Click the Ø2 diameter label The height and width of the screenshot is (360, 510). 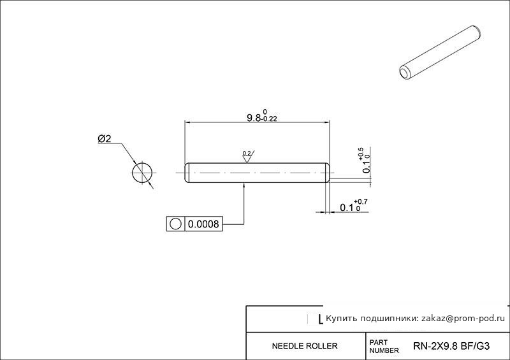(x=105, y=139)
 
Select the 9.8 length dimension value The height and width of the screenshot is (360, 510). (x=254, y=118)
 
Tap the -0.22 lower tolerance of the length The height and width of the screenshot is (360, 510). (x=269, y=119)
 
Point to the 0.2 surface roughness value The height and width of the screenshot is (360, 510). (x=247, y=153)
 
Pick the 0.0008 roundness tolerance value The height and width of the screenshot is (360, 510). (x=203, y=224)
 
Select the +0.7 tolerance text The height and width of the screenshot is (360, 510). (x=361, y=202)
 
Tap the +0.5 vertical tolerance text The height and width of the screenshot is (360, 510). (x=361, y=154)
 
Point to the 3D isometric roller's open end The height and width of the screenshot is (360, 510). (x=405, y=73)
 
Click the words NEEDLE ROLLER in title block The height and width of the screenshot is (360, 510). (x=305, y=346)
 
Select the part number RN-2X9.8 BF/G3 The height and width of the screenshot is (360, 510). (x=451, y=346)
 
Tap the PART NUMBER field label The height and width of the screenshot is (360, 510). (x=384, y=347)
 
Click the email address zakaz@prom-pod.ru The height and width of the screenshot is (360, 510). (x=463, y=319)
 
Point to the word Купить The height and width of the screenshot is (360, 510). (x=339, y=319)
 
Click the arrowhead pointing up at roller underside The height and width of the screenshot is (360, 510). (x=244, y=185)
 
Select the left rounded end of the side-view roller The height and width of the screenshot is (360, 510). (x=187, y=173)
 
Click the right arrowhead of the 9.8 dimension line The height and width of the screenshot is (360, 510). (x=326, y=122)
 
